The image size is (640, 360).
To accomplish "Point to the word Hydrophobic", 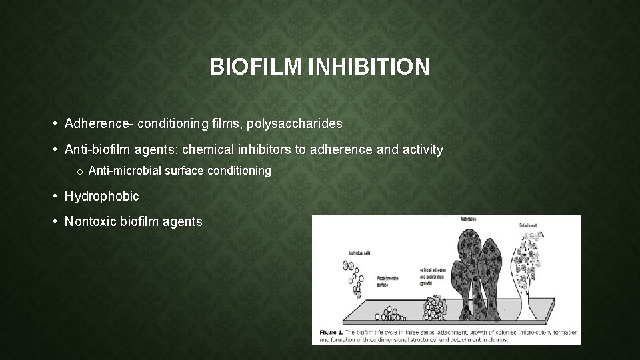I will pos(101,196).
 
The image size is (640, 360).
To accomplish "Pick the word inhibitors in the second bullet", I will pos(266,149).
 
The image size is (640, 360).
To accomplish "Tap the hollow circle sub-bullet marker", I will pos(79,172).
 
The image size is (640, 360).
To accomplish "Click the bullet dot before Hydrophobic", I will pos(55,197).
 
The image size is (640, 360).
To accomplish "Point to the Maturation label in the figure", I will pos(472,219).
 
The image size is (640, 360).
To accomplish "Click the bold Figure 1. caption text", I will pos(331,331).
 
